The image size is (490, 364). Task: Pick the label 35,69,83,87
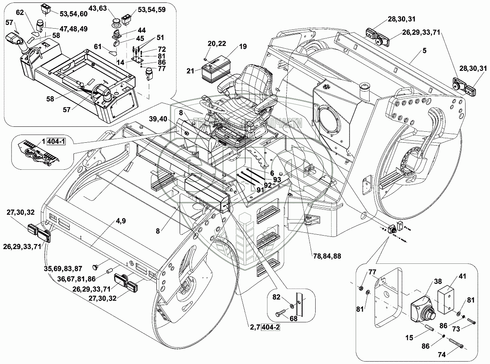click(x=62, y=269)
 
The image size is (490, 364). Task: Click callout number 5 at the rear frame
click(x=425, y=51)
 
